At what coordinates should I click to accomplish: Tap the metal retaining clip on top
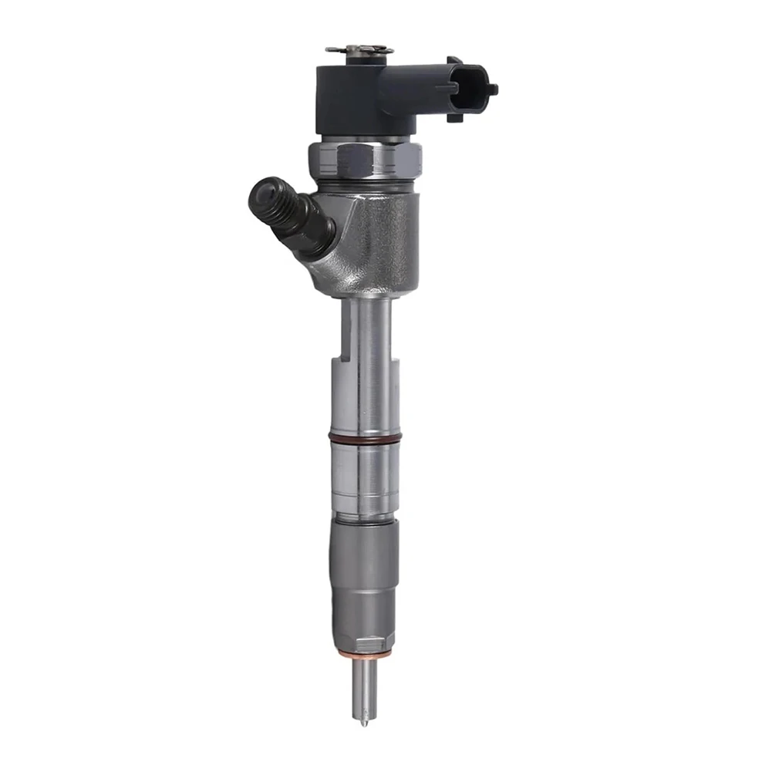click(359, 50)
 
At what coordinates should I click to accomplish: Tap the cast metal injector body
click(370, 239)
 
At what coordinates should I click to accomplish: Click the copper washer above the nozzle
click(365, 652)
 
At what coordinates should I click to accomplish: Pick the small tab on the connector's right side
click(491, 89)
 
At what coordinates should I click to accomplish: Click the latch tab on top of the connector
click(455, 61)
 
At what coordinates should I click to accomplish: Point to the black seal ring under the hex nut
click(366, 186)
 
